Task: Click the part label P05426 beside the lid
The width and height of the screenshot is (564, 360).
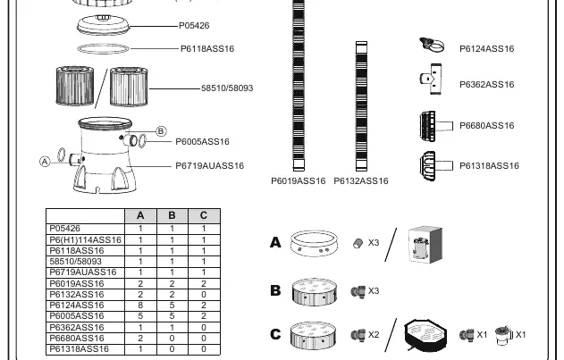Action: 194,26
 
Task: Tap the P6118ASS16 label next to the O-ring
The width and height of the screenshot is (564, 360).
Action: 207,48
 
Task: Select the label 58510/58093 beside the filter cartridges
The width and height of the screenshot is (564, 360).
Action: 227,88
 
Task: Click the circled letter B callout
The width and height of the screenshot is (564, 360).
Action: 161,131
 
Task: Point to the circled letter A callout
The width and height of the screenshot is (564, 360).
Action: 45,162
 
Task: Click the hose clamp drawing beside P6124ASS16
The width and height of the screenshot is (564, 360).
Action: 432,46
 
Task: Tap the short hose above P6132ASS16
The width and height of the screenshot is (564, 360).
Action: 361,106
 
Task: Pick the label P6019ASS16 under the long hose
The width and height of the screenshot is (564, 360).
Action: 299,181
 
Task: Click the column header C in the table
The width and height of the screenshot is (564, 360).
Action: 204,215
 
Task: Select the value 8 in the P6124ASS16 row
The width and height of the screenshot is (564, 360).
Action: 140,306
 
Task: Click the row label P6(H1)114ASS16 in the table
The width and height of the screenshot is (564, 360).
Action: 85,240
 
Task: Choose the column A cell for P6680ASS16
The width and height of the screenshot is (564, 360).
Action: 140,338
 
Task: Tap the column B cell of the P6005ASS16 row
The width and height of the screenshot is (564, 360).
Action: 172,316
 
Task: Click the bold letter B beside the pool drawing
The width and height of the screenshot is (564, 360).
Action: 275,290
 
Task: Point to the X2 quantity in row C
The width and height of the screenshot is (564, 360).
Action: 374,335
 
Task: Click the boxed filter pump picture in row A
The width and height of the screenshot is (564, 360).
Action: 425,245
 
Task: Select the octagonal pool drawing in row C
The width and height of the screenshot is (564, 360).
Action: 425,334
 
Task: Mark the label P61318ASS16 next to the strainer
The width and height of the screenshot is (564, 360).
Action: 489,166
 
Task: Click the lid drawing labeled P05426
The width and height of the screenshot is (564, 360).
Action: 103,25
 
